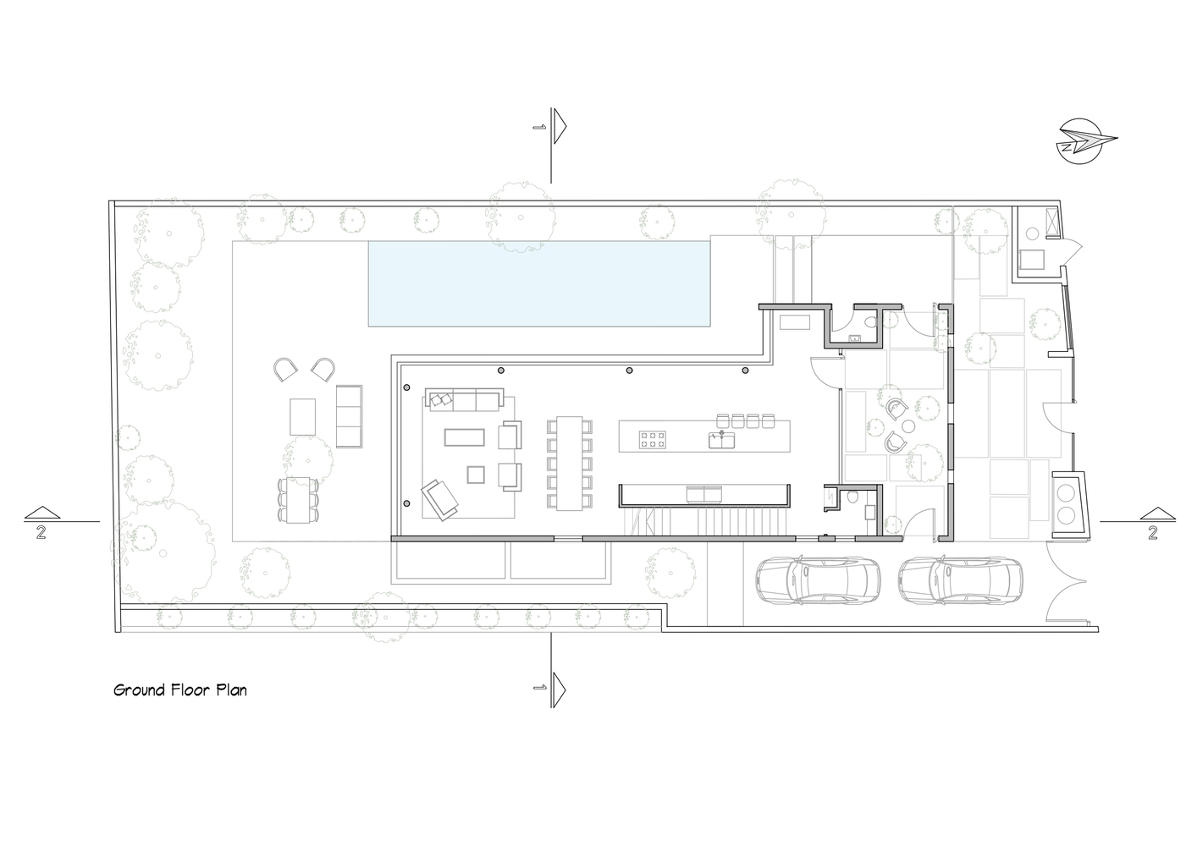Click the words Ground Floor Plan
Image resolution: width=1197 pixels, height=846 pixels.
coord(180,690)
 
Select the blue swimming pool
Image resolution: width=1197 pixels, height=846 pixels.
coord(539,283)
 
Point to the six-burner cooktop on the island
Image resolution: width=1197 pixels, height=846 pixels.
coord(653,440)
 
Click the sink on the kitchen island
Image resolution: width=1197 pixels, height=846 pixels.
coord(722,440)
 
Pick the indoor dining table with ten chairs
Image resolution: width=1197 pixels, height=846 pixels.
coord(569,463)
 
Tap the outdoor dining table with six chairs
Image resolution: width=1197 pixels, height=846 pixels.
coord(298,500)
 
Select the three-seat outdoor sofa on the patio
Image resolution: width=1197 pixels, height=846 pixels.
coord(349,416)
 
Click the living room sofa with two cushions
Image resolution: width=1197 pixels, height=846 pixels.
coord(465,400)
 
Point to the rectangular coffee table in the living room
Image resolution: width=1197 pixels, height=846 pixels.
coord(465,437)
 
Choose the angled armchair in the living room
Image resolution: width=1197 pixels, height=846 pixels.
coord(440,499)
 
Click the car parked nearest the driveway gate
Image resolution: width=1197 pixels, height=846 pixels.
coord(960,581)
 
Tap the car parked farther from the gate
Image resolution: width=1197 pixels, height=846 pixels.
coord(818,581)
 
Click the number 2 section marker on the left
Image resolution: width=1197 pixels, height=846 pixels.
coord(41,532)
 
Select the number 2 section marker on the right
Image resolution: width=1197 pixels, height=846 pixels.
coord(1153,532)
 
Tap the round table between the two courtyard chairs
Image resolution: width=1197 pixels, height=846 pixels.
coord(907,426)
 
